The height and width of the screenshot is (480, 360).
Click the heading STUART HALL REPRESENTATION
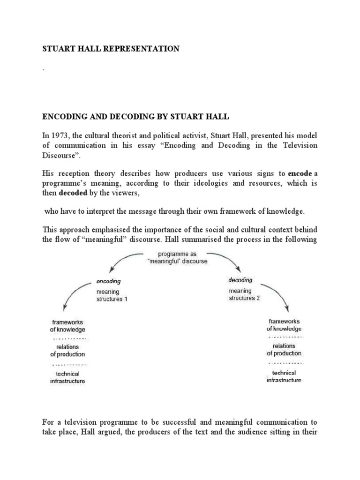coord(111,49)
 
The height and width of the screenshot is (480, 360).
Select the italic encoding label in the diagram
coord(108,282)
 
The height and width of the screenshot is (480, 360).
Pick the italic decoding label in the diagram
coord(240,280)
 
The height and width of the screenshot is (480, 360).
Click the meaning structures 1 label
coord(111,295)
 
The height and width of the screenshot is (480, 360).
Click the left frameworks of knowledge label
coord(67,326)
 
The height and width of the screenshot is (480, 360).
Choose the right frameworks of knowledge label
coord(285,325)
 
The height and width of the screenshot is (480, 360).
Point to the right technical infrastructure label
coord(284,376)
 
